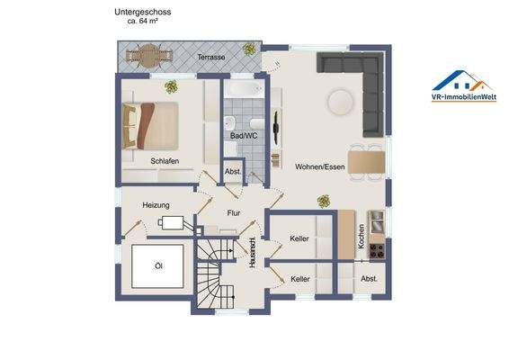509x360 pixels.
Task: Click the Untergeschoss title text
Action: point(143,12)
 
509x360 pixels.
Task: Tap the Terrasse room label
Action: point(211,57)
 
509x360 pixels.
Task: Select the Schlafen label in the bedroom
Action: point(165,160)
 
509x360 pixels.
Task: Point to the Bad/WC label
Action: point(244,136)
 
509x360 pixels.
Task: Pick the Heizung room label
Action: point(156,205)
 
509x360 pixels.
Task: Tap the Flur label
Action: point(234,213)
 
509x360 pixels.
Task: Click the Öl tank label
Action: point(158,266)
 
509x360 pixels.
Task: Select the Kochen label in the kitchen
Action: point(361,235)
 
